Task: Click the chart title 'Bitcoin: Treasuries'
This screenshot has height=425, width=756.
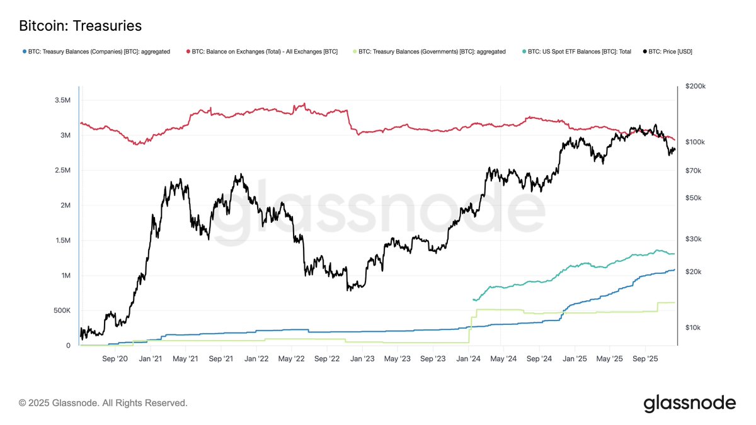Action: (81, 26)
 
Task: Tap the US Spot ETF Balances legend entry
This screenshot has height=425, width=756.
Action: (579, 52)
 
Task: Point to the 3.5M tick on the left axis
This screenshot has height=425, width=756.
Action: (62, 100)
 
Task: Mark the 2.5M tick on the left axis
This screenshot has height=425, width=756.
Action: (62, 170)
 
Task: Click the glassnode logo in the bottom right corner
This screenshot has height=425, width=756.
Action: (689, 403)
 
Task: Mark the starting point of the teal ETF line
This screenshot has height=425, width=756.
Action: (473, 300)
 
